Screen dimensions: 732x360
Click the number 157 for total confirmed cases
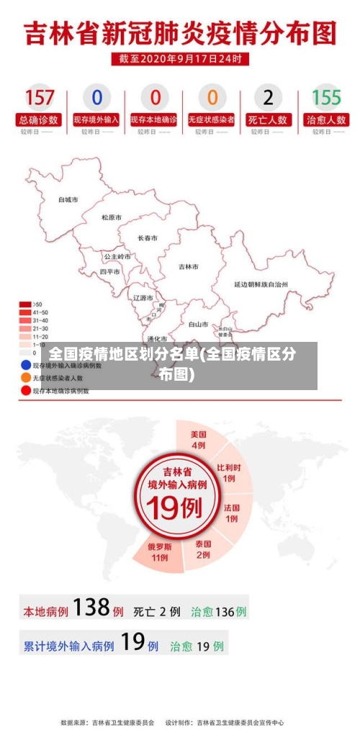click(x=40, y=96)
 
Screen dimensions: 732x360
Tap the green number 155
click(x=326, y=96)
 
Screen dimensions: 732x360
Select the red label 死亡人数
click(x=269, y=119)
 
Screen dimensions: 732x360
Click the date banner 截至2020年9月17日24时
click(x=180, y=59)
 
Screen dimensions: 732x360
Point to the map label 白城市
click(x=68, y=199)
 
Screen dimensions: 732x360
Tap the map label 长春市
click(x=148, y=238)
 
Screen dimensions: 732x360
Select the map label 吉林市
click(x=189, y=266)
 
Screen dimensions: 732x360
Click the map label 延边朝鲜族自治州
click(x=261, y=284)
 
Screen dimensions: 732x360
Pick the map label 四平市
click(x=110, y=272)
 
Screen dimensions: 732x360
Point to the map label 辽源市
click(x=143, y=297)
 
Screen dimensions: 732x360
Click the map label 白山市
click(x=198, y=324)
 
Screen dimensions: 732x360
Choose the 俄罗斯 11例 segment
click(x=158, y=551)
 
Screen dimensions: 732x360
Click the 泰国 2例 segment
click(x=203, y=549)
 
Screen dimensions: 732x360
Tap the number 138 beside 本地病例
click(x=91, y=608)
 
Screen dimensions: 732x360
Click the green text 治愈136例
click(x=219, y=612)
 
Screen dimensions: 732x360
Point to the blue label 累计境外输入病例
click(x=69, y=646)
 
